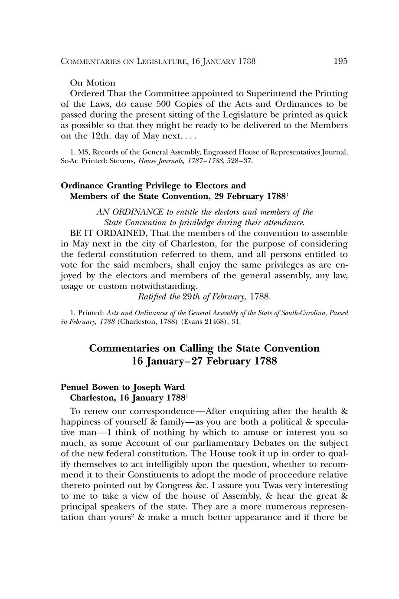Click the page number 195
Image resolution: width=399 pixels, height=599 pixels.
pos(340,61)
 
